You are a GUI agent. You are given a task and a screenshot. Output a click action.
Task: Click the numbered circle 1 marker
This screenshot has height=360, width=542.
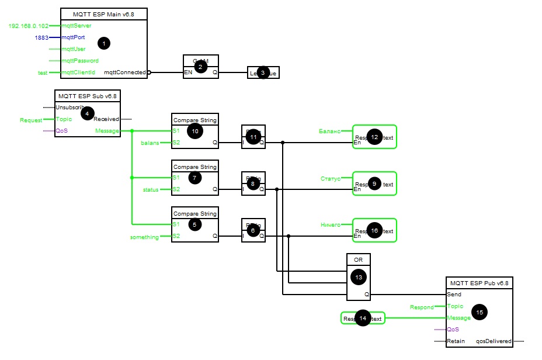pos(104,43)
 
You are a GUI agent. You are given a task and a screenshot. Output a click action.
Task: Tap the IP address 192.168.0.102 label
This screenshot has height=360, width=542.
pos(29,26)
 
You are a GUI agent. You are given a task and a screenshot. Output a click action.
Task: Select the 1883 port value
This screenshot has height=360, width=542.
pos(41,37)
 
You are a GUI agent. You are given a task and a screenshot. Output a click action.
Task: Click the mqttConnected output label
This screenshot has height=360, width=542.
pos(125,72)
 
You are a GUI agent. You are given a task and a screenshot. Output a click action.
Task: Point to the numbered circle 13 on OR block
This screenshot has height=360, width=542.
pos(358,276)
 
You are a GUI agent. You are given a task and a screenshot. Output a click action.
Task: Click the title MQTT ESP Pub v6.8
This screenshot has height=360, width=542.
pos(479,283)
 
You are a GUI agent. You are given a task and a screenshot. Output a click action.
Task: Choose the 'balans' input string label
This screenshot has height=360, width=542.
pos(150,143)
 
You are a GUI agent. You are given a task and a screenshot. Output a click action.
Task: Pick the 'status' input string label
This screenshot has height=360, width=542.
pos(151,189)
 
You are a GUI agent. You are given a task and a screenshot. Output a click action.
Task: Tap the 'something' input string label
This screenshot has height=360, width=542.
pos(144,237)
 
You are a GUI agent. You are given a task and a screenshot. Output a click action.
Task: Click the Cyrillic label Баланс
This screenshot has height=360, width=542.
pos(330,131)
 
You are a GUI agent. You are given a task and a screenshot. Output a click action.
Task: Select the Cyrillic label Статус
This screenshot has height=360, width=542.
pos(331,178)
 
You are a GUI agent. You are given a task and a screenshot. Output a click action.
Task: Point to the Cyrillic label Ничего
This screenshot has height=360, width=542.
pos(330,224)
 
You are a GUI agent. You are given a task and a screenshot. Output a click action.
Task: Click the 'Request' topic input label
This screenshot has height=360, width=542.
pos(32,120)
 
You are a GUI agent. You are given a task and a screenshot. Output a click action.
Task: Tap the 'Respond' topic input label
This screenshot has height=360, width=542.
pos(422,307)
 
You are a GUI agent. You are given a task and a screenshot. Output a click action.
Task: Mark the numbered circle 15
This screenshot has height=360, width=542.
pos(480,312)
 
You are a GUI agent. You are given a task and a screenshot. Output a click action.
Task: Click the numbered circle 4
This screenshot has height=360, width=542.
pos(88,113)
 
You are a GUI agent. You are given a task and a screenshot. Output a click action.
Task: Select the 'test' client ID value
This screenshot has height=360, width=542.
pos(43,72)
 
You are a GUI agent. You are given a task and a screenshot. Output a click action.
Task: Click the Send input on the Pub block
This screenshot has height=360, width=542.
pos(454,295)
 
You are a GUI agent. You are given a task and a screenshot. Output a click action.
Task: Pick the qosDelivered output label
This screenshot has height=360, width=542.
pos(494,341)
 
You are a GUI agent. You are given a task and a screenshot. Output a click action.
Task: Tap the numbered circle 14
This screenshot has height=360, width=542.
pos(363,319)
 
